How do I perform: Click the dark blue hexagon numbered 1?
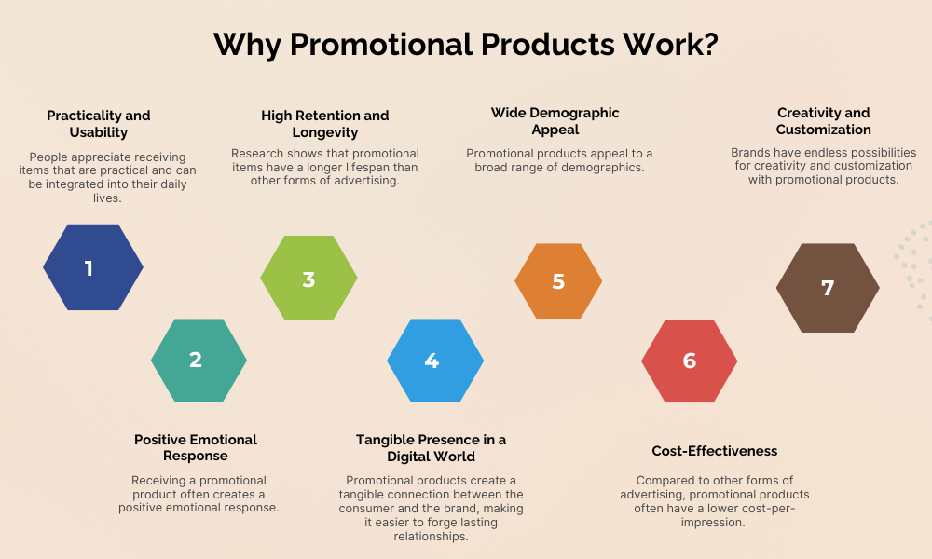click(93, 268)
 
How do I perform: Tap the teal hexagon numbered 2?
click(199, 360)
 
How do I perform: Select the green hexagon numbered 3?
click(308, 279)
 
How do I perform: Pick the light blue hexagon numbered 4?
click(434, 360)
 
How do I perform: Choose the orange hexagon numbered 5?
click(558, 280)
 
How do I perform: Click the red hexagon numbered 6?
click(689, 360)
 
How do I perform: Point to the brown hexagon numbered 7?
click(828, 288)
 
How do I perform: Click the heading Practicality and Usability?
click(99, 124)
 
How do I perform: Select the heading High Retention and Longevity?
click(325, 124)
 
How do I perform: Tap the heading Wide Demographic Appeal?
click(555, 121)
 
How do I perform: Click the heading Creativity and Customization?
click(824, 121)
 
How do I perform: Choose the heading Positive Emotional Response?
click(196, 447)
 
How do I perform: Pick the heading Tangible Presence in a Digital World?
click(431, 447)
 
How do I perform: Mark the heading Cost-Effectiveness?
click(715, 451)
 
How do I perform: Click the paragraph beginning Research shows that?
click(325, 167)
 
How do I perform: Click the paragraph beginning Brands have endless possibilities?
click(824, 166)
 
